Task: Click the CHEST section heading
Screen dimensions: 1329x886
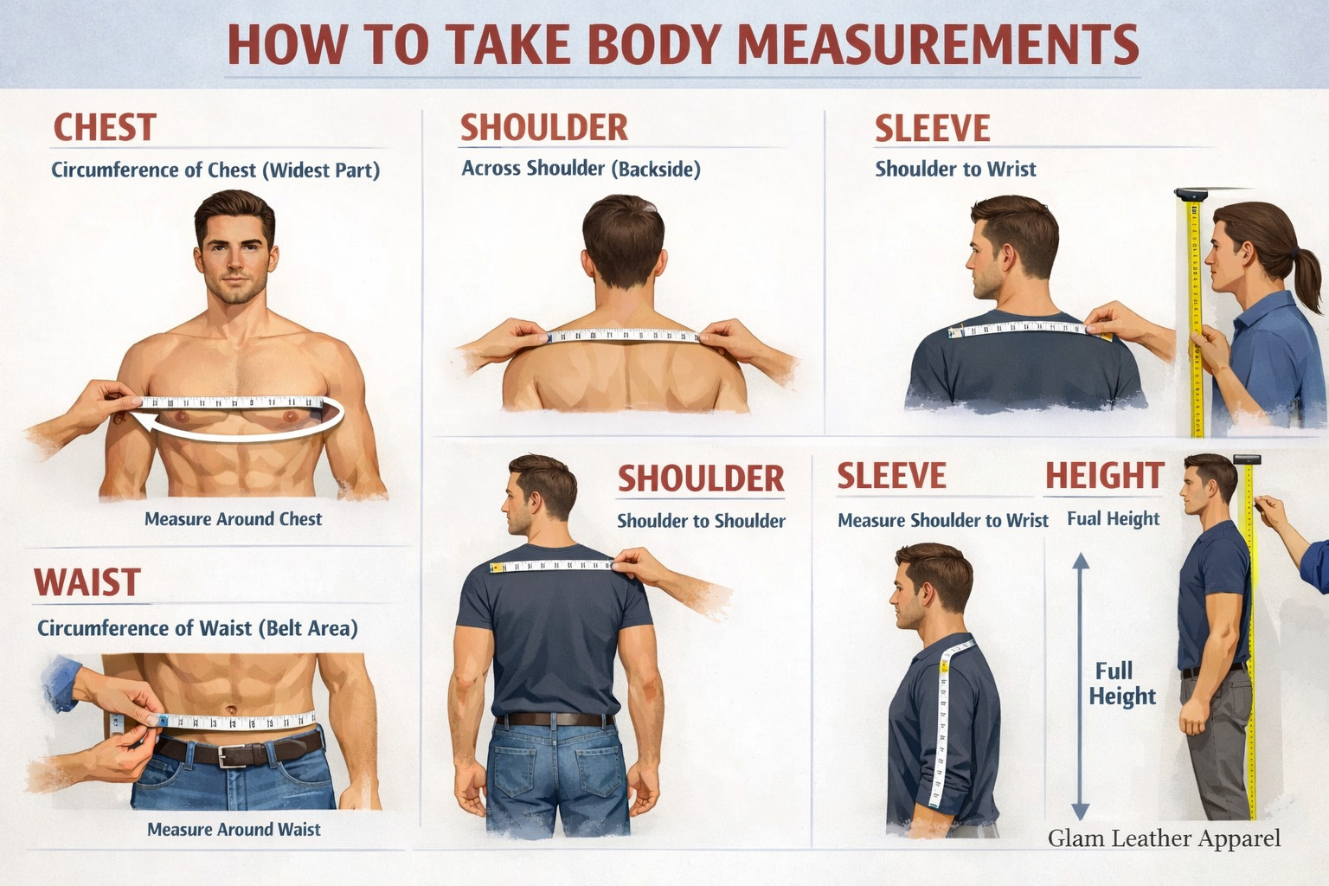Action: click(x=105, y=127)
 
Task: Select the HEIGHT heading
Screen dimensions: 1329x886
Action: click(x=1104, y=475)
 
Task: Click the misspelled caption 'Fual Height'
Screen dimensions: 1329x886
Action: click(x=1113, y=518)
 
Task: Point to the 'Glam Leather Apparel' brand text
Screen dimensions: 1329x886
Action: click(x=1164, y=838)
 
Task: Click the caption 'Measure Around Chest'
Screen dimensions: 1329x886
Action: click(x=233, y=519)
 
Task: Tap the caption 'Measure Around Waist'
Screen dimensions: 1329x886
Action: click(x=234, y=829)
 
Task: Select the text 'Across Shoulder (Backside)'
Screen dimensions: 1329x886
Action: click(x=581, y=169)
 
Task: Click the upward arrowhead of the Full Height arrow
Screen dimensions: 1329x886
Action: click(x=1081, y=561)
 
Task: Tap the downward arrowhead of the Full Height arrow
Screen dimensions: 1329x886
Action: click(x=1081, y=812)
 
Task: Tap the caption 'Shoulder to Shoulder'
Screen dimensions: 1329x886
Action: click(x=702, y=521)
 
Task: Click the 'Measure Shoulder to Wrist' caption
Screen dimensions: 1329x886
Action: click(x=943, y=521)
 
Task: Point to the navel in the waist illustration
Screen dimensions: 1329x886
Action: click(x=231, y=709)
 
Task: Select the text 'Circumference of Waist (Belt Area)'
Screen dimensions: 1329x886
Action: click(x=197, y=628)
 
